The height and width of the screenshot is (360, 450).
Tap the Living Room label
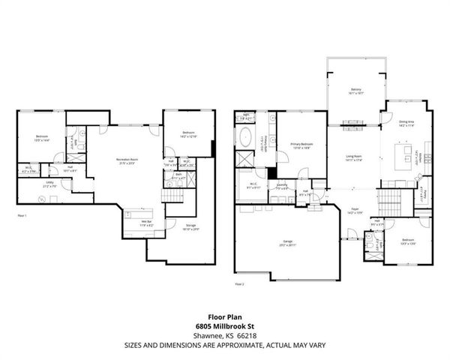tap(353, 157)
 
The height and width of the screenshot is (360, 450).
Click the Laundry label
tap(282, 185)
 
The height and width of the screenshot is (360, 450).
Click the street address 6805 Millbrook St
tap(224, 326)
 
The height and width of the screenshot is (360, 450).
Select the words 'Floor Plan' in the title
tap(224, 317)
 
